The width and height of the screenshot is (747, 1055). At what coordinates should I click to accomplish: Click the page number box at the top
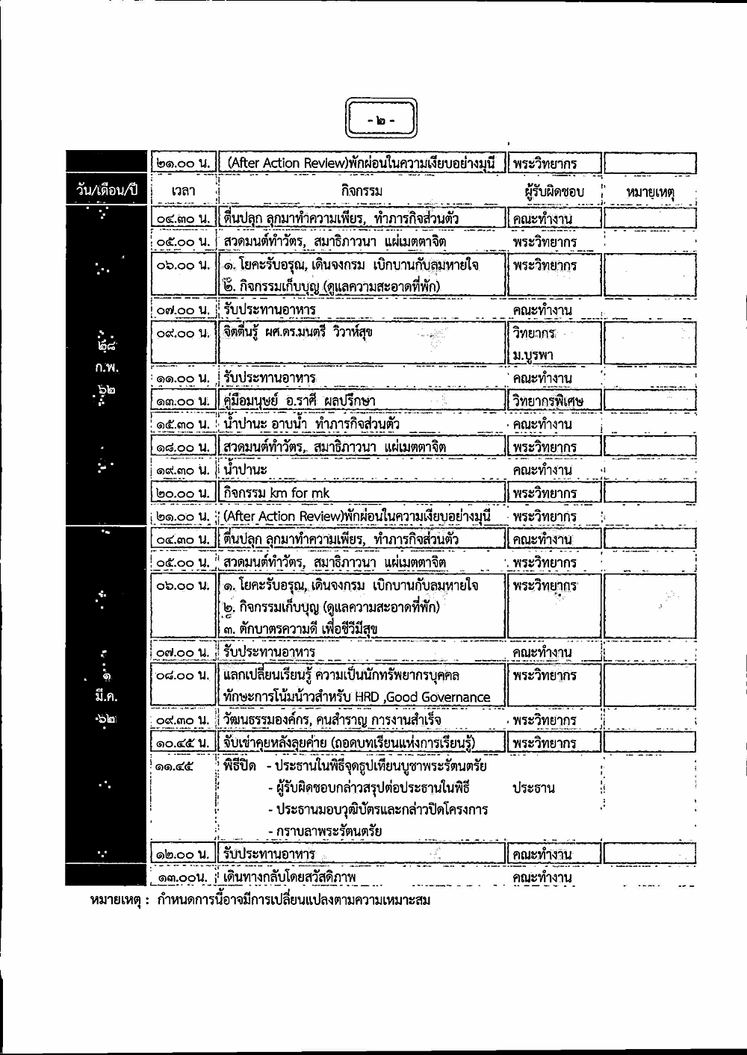click(382, 119)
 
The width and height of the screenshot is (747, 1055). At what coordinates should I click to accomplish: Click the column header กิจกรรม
click(362, 192)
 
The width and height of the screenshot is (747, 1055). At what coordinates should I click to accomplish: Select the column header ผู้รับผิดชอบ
click(554, 192)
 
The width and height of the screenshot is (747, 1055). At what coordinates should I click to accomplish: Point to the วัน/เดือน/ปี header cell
click(108, 190)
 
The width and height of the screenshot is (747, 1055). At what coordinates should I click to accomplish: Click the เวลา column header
click(182, 192)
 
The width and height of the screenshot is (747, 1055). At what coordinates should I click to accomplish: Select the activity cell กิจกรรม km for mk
click(278, 493)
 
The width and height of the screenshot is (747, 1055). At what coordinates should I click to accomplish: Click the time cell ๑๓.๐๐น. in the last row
click(182, 877)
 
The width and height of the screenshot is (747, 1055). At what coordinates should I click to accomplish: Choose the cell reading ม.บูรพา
click(533, 355)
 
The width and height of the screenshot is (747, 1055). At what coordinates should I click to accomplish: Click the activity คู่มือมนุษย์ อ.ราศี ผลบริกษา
click(300, 400)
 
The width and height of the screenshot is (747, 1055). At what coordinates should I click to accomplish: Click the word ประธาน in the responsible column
click(533, 788)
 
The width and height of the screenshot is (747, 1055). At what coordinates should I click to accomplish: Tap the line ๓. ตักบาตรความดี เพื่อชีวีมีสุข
click(300, 628)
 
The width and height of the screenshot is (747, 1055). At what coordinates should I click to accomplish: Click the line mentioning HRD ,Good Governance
click(356, 697)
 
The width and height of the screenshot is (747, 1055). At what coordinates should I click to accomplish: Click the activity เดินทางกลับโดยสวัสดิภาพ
click(290, 877)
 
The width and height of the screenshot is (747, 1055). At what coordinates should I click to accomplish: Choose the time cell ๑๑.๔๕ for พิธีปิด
click(171, 766)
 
